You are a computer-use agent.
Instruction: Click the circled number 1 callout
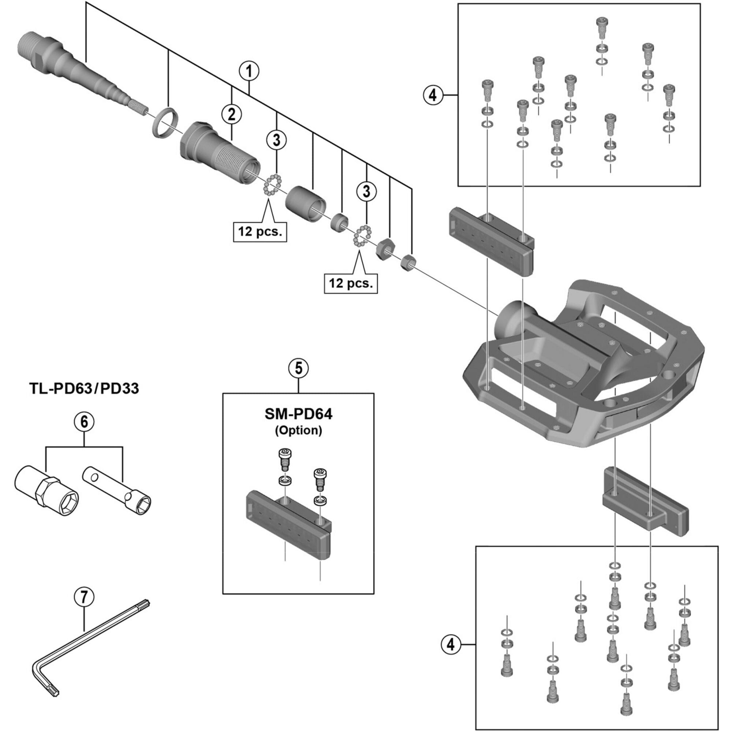point(249,71)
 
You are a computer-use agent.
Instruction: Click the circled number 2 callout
point(232,114)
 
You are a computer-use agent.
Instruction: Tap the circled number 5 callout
point(299,368)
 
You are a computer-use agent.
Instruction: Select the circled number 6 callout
point(84,422)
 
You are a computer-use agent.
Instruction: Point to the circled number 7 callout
point(84,597)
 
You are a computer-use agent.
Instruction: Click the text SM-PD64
point(298,414)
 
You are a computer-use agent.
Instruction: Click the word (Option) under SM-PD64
point(298,430)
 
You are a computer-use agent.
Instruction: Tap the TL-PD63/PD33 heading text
point(84,388)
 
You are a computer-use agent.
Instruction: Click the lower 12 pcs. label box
point(351,283)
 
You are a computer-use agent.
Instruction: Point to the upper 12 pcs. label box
point(260,231)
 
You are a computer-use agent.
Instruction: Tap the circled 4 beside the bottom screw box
point(451,644)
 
